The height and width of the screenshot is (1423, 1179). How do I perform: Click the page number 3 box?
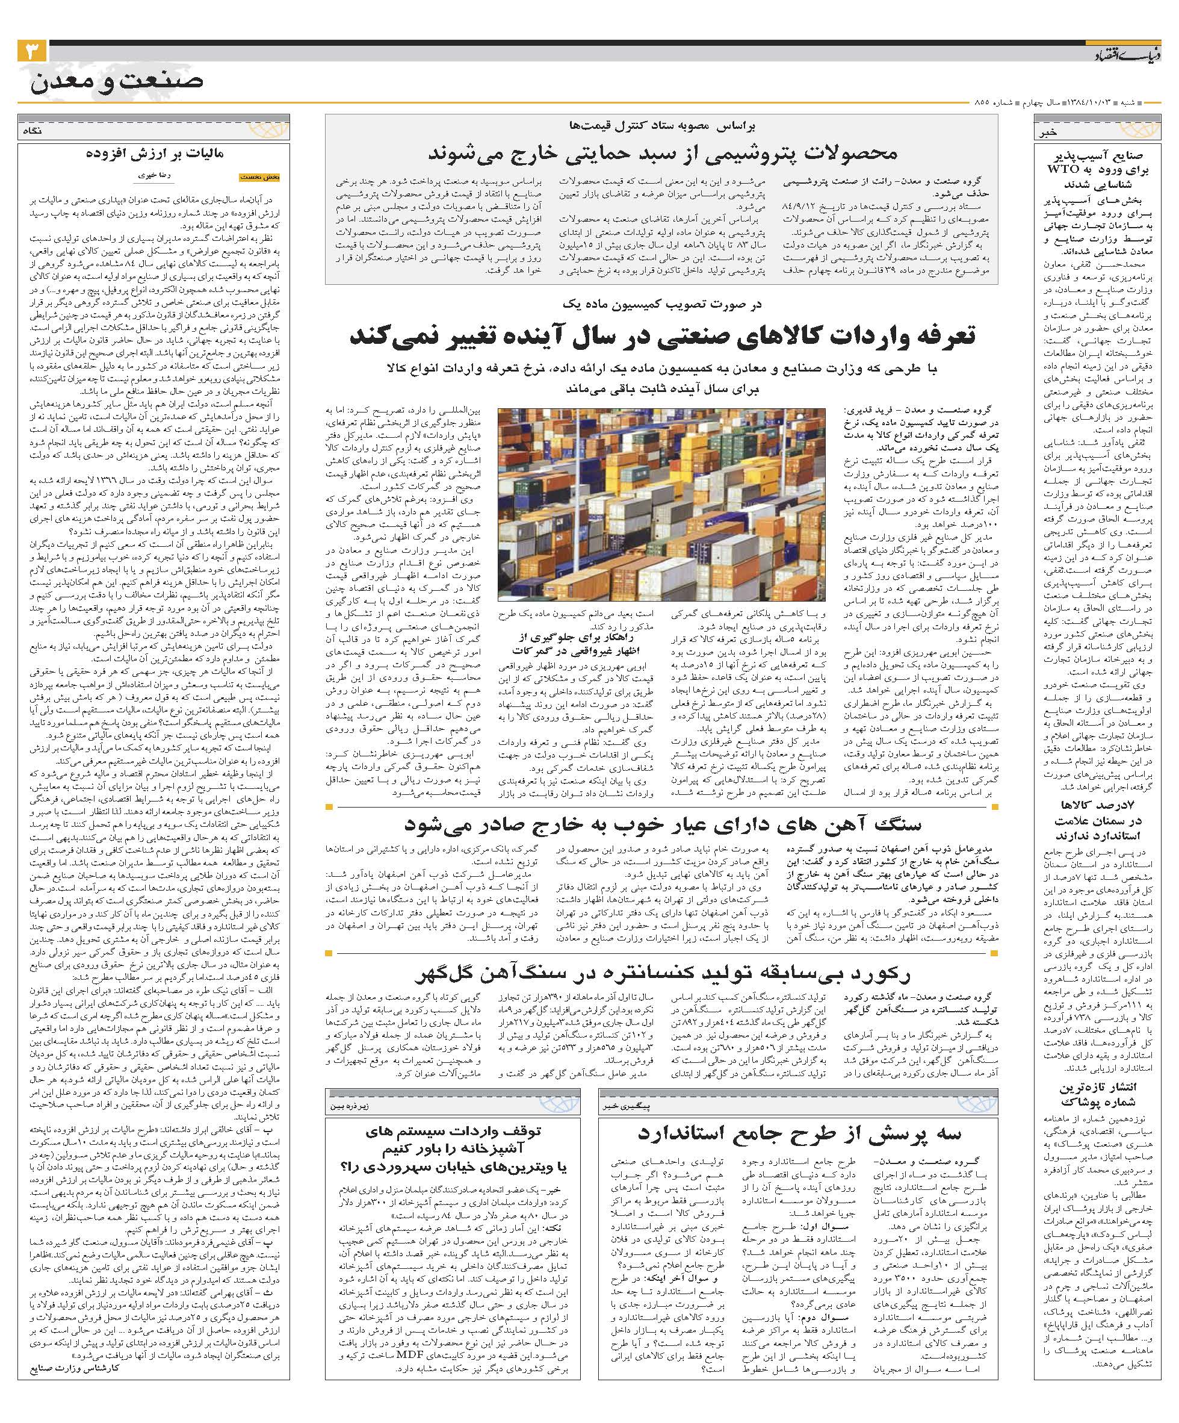point(32,52)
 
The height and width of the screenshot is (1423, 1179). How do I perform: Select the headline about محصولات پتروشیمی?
point(662,153)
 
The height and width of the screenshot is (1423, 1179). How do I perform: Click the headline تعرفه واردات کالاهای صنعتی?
point(661,336)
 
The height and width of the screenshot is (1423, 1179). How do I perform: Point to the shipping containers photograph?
point(661,504)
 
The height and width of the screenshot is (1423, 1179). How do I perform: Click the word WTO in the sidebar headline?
point(1069,169)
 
